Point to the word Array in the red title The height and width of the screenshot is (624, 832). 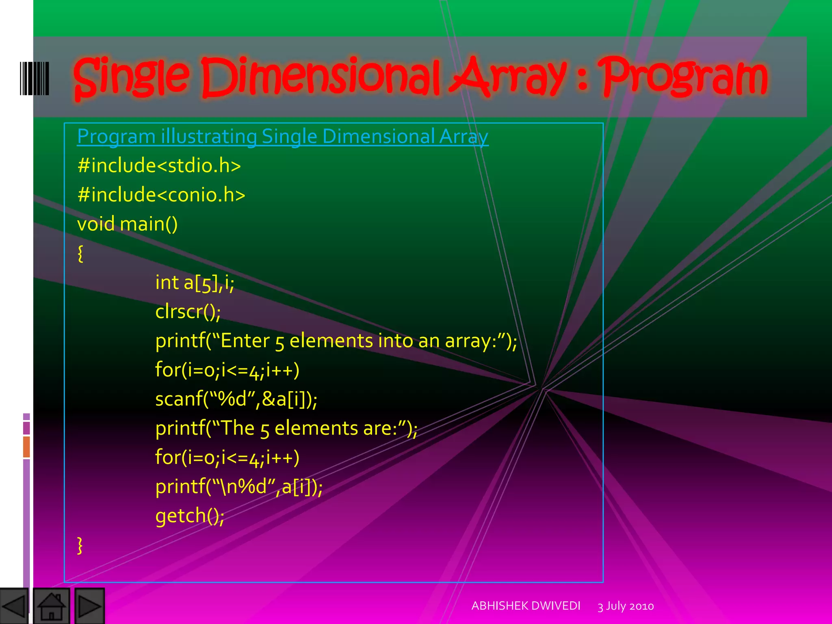click(508, 77)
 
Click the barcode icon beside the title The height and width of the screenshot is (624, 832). click(35, 78)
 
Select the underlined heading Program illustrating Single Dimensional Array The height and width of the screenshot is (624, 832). click(282, 136)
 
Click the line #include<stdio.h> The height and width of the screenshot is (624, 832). click(159, 166)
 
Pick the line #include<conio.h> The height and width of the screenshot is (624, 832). click(161, 195)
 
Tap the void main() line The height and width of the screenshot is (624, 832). click(127, 224)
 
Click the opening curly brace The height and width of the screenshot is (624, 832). click(80, 253)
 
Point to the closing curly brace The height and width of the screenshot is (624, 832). click(80, 545)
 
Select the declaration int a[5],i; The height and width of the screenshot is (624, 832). click(195, 283)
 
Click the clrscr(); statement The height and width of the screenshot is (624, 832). click(188, 312)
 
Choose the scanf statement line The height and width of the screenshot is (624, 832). click(236, 399)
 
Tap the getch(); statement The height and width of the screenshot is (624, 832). click(190, 516)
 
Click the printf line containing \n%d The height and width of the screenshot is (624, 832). click(239, 487)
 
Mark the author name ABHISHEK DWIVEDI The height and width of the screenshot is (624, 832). click(526, 606)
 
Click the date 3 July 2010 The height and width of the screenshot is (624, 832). click(626, 606)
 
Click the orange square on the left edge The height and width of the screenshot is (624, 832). click(26, 446)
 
